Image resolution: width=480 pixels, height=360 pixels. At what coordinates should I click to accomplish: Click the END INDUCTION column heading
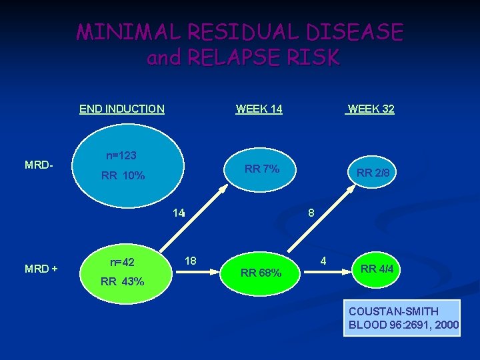click(x=121, y=109)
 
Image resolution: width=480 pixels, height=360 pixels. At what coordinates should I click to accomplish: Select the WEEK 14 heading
click(x=259, y=109)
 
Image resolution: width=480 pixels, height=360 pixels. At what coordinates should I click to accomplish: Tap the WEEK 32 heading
click(x=370, y=109)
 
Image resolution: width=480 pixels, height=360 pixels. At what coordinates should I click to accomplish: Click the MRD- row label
click(x=39, y=164)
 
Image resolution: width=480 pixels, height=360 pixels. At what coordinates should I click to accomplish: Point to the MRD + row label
click(x=41, y=269)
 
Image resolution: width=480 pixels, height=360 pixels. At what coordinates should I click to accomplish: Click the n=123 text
click(x=121, y=155)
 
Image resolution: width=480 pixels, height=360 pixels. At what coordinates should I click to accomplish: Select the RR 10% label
click(x=123, y=177)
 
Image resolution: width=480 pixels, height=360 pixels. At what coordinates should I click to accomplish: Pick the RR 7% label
click(x=261, y=169)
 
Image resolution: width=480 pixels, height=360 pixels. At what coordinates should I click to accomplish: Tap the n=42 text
click(x=122, y=262)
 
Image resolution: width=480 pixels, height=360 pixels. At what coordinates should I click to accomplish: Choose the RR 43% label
click(x=122, y=281)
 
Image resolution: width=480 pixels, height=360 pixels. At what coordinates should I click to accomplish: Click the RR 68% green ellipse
click(x=261, y=272)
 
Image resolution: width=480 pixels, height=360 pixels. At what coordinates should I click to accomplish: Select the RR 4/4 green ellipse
click(x=377, y=269)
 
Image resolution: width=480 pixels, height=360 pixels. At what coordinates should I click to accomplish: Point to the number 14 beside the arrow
click(x=178, y=213)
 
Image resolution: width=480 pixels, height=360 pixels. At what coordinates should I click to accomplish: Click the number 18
click(x=190, y=261)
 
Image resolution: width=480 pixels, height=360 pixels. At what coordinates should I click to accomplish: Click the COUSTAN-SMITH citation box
click(x=402, y=318)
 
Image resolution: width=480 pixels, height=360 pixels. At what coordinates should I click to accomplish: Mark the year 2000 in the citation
click(x=445, y=325)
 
